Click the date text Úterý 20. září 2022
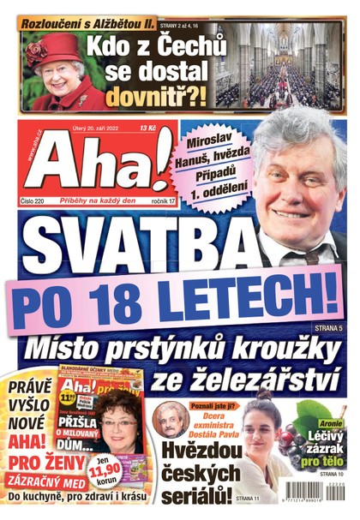[x=87, y=128]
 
